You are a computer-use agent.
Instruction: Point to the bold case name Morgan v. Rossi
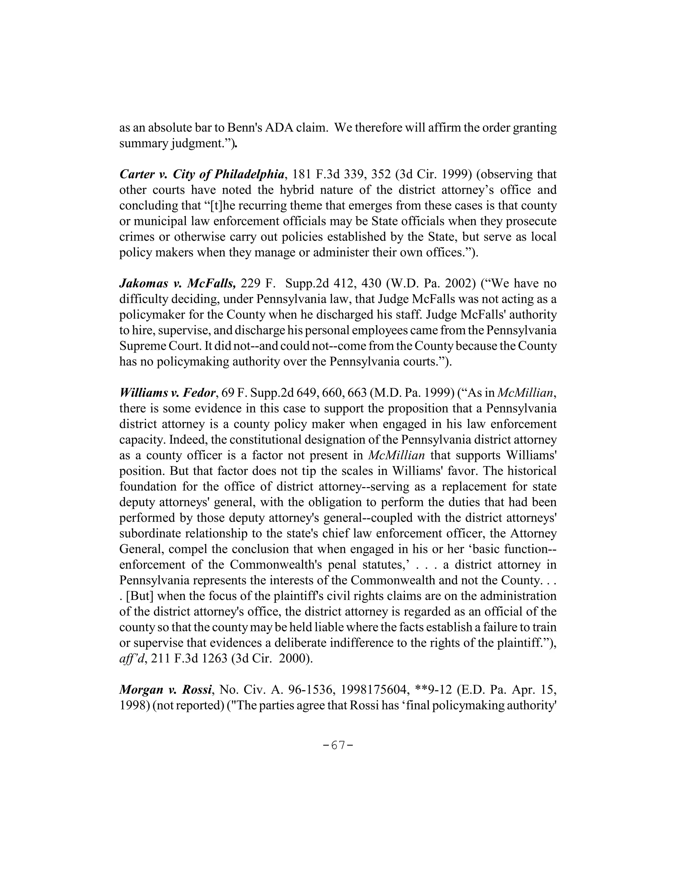point(165,690)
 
